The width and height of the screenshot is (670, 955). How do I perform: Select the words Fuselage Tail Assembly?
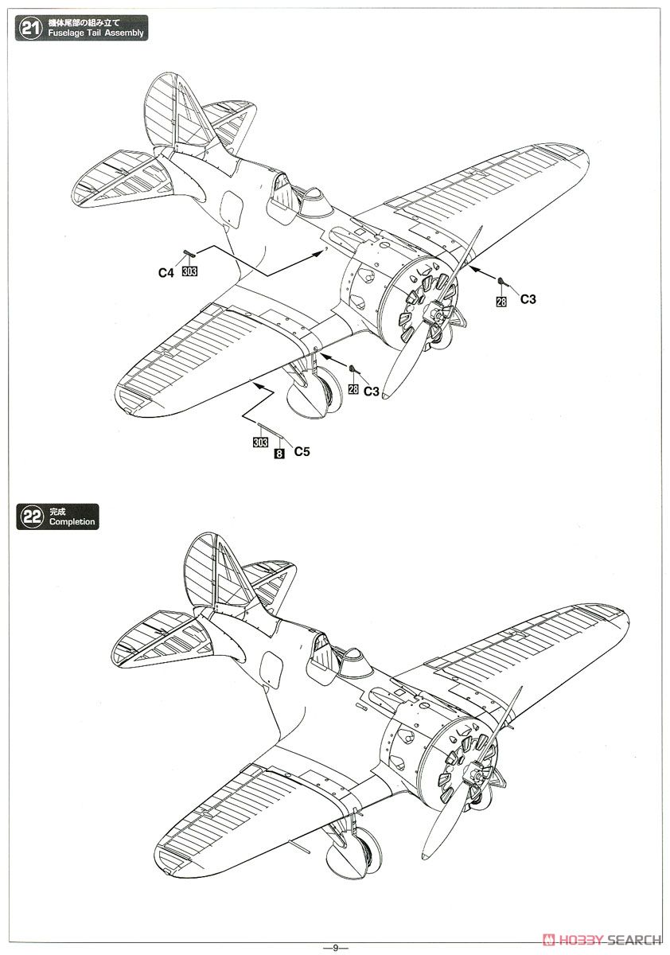click(96, 33)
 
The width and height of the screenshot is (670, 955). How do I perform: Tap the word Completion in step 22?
click(72, 522)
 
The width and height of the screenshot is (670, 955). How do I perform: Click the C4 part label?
click(166, 273)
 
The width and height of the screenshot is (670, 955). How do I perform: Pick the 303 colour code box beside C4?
click(189, 271)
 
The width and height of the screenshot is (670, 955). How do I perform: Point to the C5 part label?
click(302, 451)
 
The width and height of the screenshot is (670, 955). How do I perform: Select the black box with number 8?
click(279, 454)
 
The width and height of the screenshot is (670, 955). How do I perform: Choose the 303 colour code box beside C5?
click(260, 442)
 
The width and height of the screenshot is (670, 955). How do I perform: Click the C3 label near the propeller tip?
click(528, 299)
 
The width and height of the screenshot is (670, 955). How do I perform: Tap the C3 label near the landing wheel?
click(372, 392)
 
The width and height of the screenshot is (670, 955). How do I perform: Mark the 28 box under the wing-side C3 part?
click(501, 302)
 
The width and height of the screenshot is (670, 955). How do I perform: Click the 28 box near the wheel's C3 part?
click(353, 389)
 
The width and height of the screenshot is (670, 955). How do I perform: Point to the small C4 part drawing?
click(190, 254)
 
